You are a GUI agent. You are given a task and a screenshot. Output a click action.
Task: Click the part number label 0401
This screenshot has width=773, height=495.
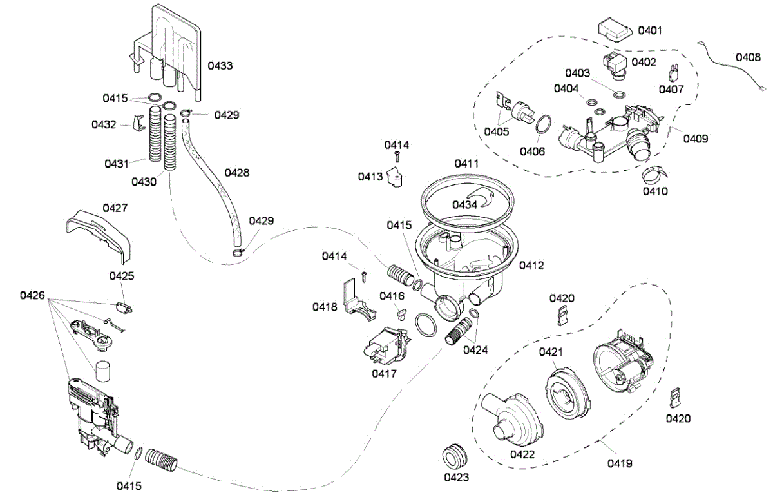point(650,30)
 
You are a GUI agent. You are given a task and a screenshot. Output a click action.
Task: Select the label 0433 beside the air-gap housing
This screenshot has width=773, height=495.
point(220,66)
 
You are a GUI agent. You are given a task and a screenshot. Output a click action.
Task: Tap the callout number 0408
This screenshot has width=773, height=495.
point(748,57)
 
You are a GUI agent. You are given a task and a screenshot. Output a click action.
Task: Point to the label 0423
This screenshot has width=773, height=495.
point(456,478)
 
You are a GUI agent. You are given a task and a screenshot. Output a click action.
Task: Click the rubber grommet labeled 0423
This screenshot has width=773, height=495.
point(454,456)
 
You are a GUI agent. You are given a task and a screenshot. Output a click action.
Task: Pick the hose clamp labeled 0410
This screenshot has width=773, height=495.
point(653,175)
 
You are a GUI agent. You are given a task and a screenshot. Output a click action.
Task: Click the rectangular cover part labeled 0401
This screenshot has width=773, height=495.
point(615,30)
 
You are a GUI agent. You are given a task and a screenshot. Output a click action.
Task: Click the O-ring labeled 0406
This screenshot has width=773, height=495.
point(543,124)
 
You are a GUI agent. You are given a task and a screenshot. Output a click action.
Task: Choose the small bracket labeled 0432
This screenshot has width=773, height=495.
point(138,122)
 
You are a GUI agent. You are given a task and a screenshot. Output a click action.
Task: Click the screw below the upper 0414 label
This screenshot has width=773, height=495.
point(397,157)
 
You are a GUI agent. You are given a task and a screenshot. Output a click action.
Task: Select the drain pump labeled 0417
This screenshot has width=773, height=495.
point(386,347)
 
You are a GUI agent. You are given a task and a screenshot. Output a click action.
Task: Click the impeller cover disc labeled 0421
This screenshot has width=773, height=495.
point(568,394)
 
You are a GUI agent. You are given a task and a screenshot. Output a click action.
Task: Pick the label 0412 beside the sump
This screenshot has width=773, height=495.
point(531,266)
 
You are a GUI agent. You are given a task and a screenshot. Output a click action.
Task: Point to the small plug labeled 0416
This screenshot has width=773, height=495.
point(401,313)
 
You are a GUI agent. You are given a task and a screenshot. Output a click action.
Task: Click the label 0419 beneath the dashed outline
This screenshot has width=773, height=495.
point(620,463)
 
